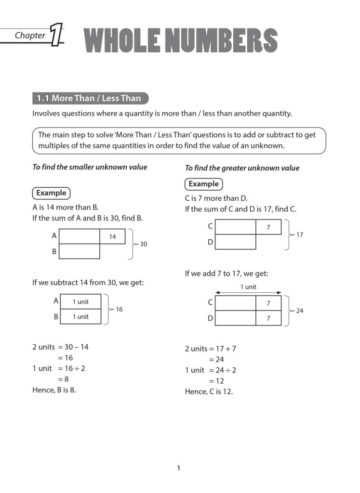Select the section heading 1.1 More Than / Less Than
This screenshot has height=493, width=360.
click(90, 98)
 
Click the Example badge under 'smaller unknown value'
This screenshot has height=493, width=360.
click(51, 193)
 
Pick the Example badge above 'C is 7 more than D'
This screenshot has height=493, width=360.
click(203, 184)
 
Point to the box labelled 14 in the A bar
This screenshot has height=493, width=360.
click(112, 236)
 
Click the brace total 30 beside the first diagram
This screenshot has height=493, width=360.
click(143, 244)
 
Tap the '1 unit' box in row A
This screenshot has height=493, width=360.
click(80, 302)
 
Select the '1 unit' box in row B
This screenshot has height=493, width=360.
click(80, 317)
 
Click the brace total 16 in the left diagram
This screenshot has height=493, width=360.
click(119, 310)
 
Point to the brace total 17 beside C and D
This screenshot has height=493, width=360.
click(299, 234)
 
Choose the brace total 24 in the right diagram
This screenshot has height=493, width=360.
click(299, 311)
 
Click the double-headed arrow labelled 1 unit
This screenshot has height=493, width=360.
click(248, 292)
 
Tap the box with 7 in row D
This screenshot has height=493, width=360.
click(268, 318)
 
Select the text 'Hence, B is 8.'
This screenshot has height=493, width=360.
click(54, 390)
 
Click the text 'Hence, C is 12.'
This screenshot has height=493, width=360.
click(209, 391)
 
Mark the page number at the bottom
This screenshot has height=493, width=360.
click(178, 467)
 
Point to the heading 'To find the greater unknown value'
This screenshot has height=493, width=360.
click(242, 168)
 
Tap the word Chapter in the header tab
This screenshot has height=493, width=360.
click(30, 35)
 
